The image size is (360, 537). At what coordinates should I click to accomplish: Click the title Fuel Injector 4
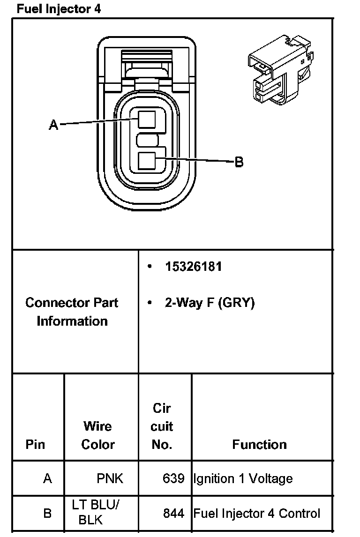[58, 8]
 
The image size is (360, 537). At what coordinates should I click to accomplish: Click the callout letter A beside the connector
[53, 125]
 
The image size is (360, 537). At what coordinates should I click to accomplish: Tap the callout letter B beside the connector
[239, 162]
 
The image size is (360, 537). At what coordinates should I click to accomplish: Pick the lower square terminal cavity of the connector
[147, 161]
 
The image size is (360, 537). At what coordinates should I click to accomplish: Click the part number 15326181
[193, 267]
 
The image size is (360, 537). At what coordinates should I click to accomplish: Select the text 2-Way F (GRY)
[209, 303]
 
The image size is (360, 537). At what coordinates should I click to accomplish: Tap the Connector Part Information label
[72, 312]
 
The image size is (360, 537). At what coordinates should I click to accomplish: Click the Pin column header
[36, 444]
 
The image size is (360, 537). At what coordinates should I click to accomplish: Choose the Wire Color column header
[98, 435]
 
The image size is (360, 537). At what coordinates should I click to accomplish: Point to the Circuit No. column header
[162, 426]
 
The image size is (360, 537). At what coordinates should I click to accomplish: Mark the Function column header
[259, 444]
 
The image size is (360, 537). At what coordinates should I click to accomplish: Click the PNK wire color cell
[110, 478]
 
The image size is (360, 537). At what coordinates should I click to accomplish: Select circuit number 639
[173, 478]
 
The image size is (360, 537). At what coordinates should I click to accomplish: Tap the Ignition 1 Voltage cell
[243, 478]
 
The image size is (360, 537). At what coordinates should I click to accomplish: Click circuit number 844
[173, 513]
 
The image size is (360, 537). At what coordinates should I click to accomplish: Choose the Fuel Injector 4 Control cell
[257, 513]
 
